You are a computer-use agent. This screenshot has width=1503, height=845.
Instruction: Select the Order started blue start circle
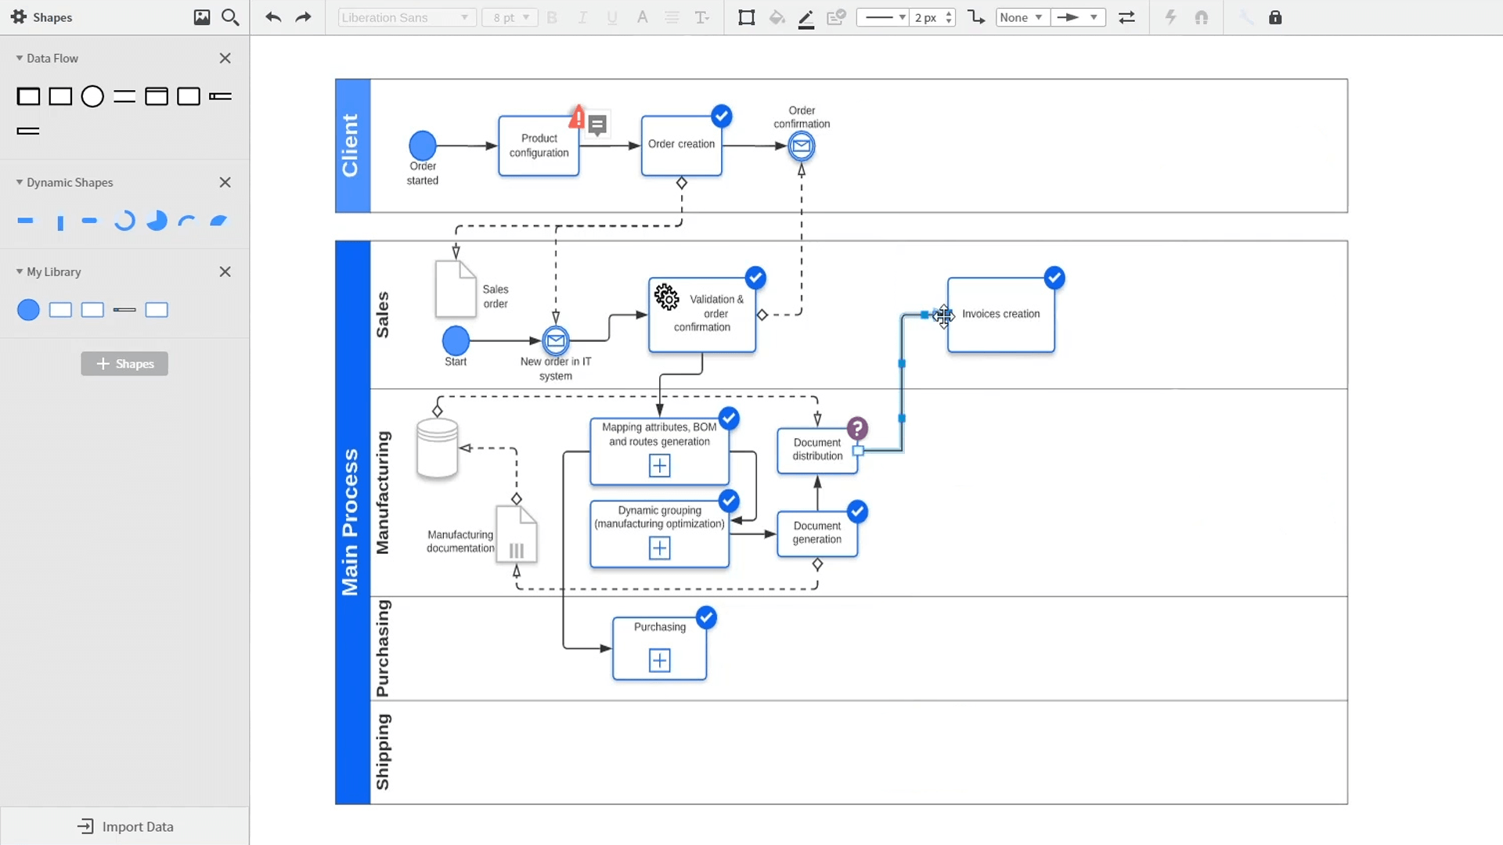pyautogui.click(x=423, y=146)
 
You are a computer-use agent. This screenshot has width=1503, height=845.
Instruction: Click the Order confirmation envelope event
pyautogui.click(x=801, y=146)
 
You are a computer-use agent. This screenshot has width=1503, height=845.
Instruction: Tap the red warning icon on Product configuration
pyautogui.click(x=578, y=117)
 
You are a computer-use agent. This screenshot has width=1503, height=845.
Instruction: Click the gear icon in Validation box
pyautogui.click(x=667, y=297)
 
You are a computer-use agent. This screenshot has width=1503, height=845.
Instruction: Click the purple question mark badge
pyautogui.click(x=857, y=429)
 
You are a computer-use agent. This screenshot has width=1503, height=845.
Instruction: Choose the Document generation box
pyautogui.click(x=816, y=533)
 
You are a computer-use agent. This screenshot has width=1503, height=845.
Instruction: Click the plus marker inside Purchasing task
pyautogui.click(x=659, y=661)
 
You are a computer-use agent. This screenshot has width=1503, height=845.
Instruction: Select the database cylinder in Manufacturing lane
pyautogui.click(x=437, y=448)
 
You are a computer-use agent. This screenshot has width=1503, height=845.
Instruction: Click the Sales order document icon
pyautogui.click(x=455, y=289)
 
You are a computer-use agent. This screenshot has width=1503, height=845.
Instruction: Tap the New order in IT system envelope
pyautogui.click(x=556, y=340)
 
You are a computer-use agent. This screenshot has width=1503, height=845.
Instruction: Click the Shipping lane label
pyautogui.click(x=382, y=752)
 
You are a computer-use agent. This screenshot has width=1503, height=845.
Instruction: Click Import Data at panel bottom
pyautogui.click(x=125, y=826)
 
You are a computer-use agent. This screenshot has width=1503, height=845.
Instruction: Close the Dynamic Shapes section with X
pyautogui.click(x=225, y=182)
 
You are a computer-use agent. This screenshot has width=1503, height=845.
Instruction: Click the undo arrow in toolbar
pyautogui.click(x=272, y=17)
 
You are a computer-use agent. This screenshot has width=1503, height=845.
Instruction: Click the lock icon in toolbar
pyautogui.click(x=1275, y=17)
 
